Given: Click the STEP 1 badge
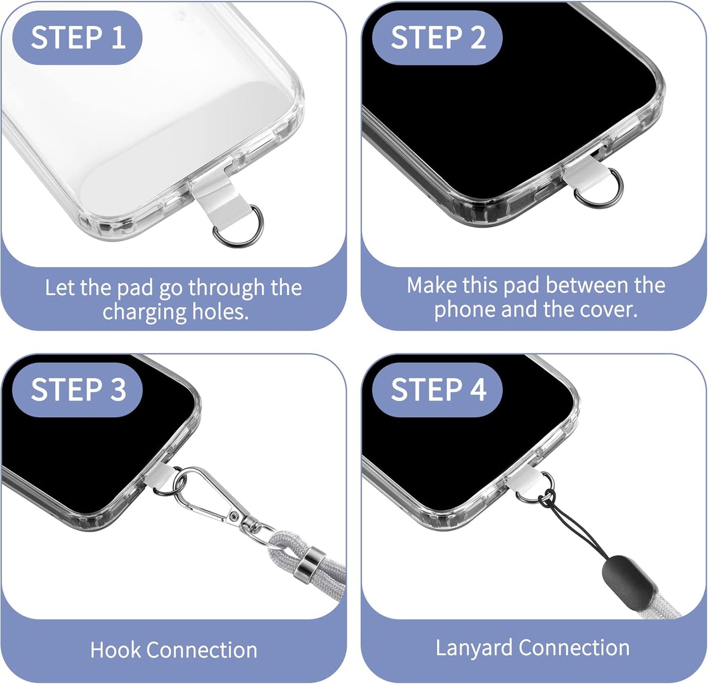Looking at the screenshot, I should [77, 38].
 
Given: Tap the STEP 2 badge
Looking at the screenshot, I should [437, 38].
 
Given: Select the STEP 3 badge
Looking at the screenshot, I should [77, 390].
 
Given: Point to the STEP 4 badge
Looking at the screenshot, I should [437, 390].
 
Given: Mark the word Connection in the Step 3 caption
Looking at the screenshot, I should [201, 650].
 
